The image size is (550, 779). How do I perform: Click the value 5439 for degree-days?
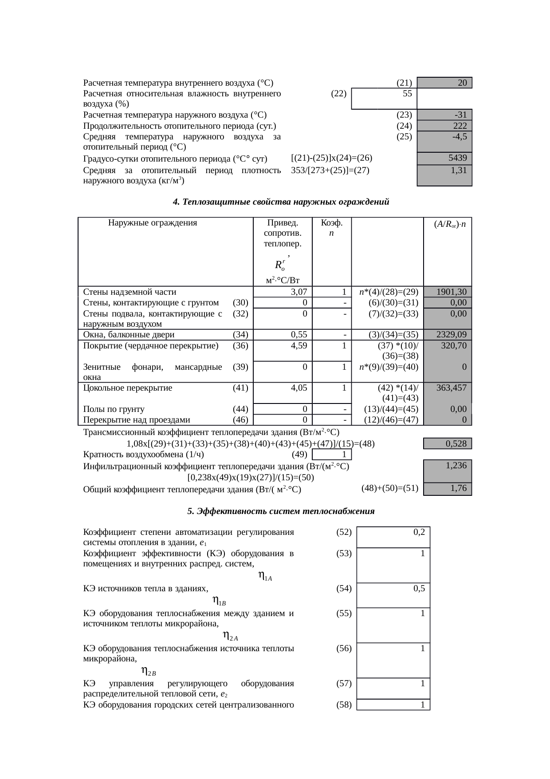pos(457,158)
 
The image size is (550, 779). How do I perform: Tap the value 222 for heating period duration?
pos(460,126)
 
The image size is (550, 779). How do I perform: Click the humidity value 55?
pos(407,94)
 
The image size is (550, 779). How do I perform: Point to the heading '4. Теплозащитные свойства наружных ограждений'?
pos(280,202)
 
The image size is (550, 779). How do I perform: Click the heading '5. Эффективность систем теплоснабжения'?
pos(280,511)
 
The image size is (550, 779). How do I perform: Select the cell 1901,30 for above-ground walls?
pos(451,292)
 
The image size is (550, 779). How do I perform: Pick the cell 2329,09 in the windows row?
pos(451,335)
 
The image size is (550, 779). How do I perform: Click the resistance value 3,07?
pos(299,292)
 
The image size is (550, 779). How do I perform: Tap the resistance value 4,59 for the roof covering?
pos(299,345)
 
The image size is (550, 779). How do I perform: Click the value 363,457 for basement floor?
pos(451,388)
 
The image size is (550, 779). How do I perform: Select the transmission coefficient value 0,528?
pos(456,443)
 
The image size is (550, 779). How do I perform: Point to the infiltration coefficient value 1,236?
pos(456,466)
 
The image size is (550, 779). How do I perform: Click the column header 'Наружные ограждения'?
pos(153,223)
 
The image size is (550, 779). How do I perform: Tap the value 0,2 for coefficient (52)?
pos(419,532)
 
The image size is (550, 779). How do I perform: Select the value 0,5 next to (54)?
pos(419,589)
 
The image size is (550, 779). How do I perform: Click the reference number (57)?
pos(344,684)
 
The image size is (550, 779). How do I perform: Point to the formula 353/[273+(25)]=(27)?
pos(330,170)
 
